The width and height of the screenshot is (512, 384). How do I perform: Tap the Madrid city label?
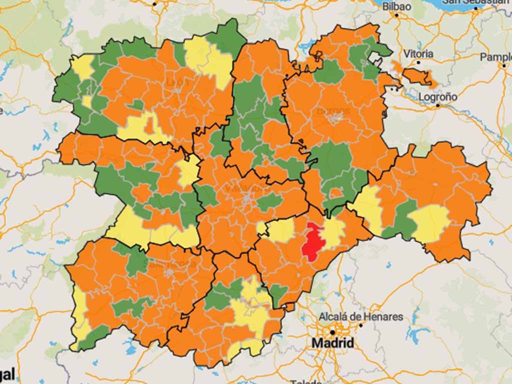332,343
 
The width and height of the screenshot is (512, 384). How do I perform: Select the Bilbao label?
396,6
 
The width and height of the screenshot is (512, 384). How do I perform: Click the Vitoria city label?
418,53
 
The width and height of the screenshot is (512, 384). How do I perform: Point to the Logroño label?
438,96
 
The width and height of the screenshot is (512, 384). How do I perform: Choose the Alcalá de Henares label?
361,316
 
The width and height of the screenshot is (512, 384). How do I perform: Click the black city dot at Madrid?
332,332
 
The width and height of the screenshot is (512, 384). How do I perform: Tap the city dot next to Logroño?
437,105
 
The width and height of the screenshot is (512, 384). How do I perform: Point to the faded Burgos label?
333,110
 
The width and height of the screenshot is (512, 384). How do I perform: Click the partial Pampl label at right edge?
495,57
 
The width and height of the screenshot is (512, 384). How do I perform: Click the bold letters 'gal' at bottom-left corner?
7,374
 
